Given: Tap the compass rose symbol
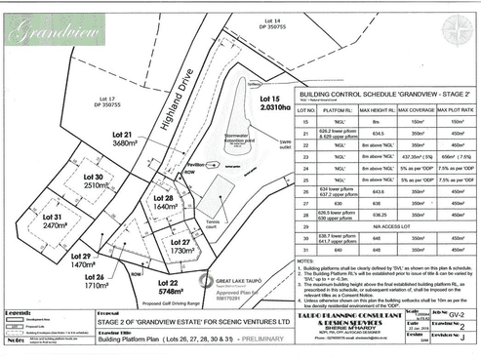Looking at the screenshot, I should click(456, 29).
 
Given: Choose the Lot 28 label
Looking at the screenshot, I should click(164, 202).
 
